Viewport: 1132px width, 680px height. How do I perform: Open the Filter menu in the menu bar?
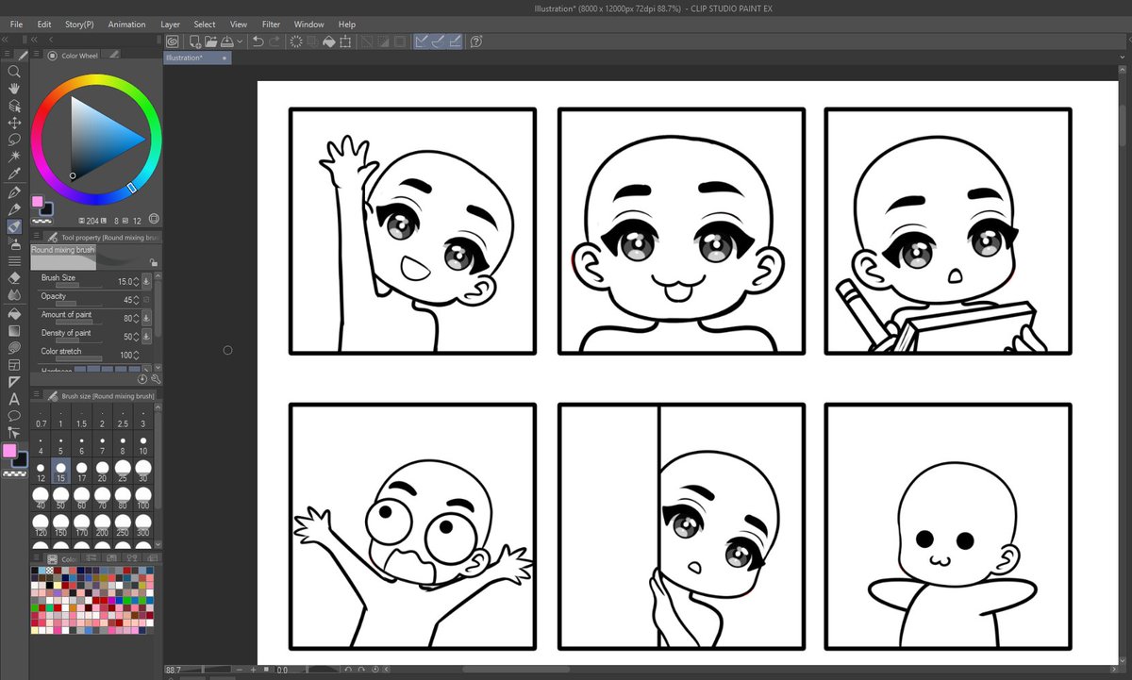(x=271, y=25)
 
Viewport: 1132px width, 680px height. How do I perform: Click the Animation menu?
(x=126, y=25)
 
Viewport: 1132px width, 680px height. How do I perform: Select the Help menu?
(x=346, y=25)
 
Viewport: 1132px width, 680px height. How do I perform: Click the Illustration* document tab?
(x=184, y=58)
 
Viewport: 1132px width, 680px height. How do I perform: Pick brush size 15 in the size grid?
(x=60, y=468)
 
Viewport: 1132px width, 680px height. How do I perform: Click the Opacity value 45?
(x=127, y=299)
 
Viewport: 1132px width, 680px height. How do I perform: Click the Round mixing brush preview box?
(x=63, y=257)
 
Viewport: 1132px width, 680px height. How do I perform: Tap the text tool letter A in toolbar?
(x=14, y=399)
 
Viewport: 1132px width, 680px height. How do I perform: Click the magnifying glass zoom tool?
(x=14, y=72)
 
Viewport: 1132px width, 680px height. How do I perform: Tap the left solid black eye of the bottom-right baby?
(x=924, y=539)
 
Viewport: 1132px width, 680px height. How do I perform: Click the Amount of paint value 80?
(x=127, y=318)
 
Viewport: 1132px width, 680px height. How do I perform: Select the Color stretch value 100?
(x=124, y=355)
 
